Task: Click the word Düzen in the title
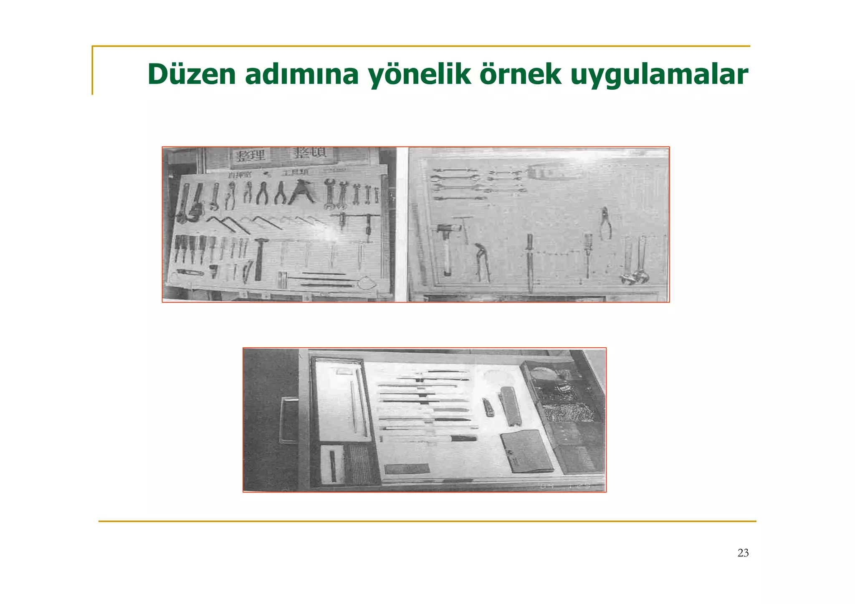[192, 74]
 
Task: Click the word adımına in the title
[301, 74]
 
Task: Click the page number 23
[743, 553]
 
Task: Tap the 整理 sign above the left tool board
[250, 155]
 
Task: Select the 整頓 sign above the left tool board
[309, 153]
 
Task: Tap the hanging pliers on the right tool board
[605, 223]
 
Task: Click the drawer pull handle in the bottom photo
[288, 420]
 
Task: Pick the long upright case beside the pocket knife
[510, 406]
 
